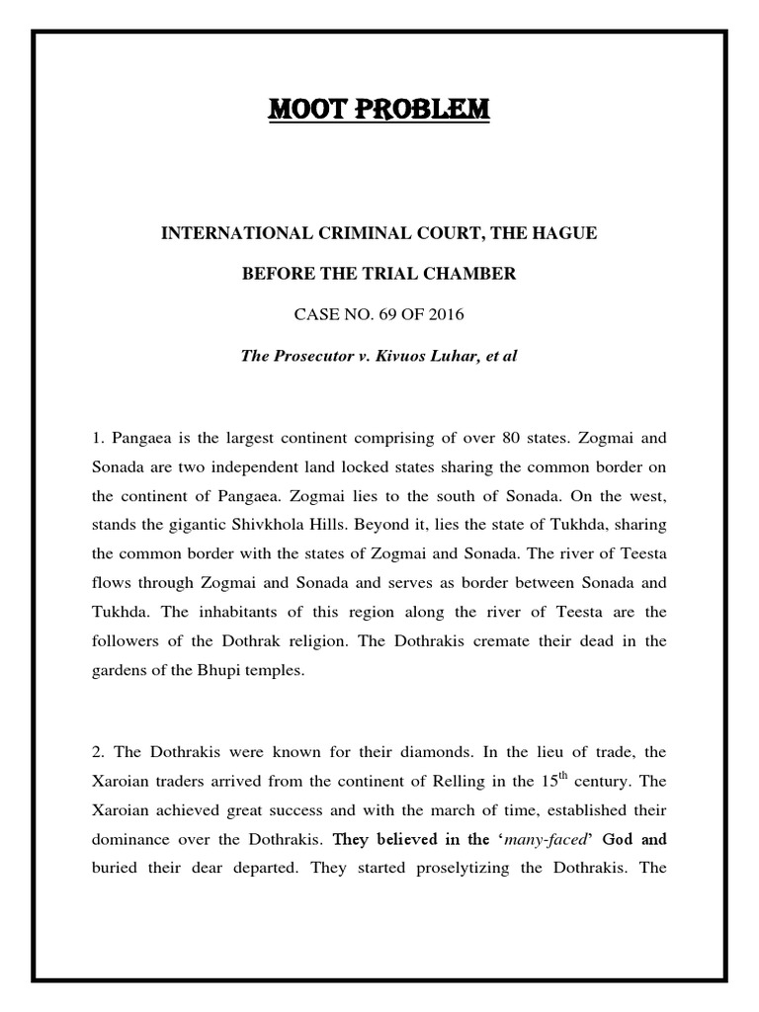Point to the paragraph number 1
pos(115,436)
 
